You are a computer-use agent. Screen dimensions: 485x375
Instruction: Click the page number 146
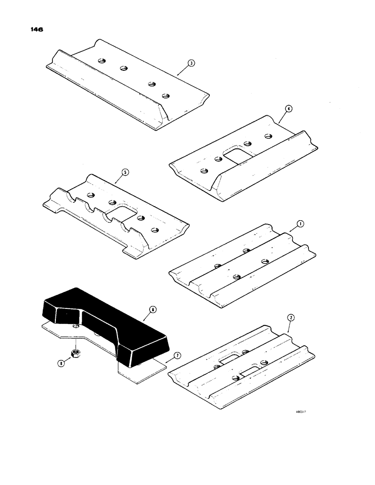[37, 30]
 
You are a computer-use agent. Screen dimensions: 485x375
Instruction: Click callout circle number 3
[192, 63]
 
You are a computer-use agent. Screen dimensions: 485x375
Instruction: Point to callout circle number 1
[300, 224]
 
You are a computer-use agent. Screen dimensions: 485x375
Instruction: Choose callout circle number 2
[290, 318]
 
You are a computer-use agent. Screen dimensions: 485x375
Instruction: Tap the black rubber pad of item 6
[102, 320]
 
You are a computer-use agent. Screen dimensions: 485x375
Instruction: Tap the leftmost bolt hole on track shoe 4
[204, 170]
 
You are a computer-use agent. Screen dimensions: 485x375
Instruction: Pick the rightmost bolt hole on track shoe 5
[155, 230]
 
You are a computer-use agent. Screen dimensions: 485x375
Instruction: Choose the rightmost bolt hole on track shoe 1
[265, 262]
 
